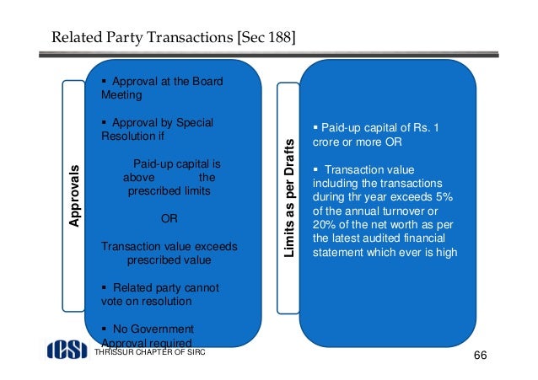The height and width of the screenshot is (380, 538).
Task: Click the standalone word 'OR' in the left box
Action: coord(169,219)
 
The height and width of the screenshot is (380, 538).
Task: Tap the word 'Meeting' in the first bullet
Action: coord(120,96)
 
